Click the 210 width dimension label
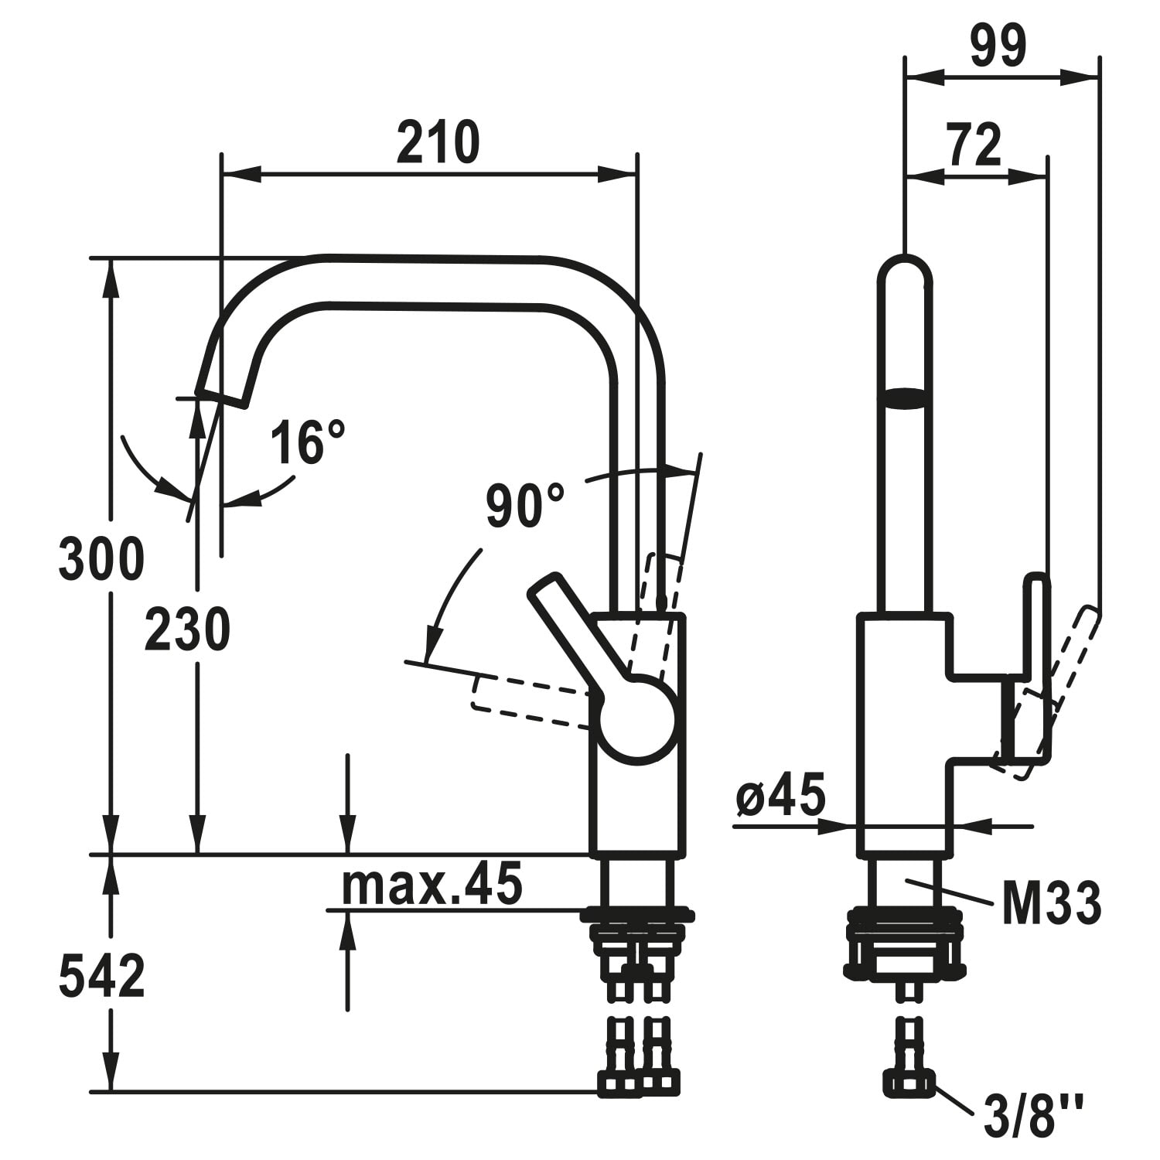(438, 143)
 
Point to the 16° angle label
(307, 442)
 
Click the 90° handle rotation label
(525, 505)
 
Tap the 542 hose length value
(101, 976)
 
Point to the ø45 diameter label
(780, 793)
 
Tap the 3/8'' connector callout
(1032, 1114)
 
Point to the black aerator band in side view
(905, 397)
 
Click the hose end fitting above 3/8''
(909, 1083)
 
